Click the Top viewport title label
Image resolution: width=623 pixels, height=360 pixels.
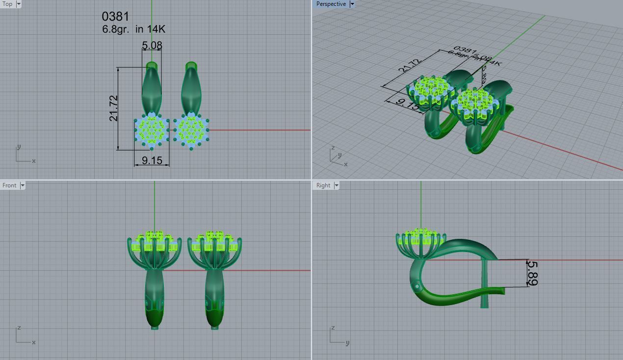pos(7,4)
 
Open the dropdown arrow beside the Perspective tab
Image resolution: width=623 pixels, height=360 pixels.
pos(352,4)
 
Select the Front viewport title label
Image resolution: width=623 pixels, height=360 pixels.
pos(9,185)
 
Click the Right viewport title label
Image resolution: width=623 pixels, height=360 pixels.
pos(323,185)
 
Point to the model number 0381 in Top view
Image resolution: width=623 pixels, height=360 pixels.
pos(115,17)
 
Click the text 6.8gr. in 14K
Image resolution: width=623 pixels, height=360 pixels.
pos(133,29)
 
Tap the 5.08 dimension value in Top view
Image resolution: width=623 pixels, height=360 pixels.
pos(152,46)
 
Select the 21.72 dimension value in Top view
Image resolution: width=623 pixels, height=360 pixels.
pos(114,108)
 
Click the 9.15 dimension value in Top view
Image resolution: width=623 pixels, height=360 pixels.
pos(152,160)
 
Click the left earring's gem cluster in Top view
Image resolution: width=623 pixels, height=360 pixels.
pos(152,130)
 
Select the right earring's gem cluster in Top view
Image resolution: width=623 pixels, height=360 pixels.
pos(191,130)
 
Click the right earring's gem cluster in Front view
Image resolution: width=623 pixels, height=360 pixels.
pos(214,240)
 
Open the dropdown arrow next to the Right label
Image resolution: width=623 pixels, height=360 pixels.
pos(337,185)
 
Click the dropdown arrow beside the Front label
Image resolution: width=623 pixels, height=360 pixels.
pos(22,185)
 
